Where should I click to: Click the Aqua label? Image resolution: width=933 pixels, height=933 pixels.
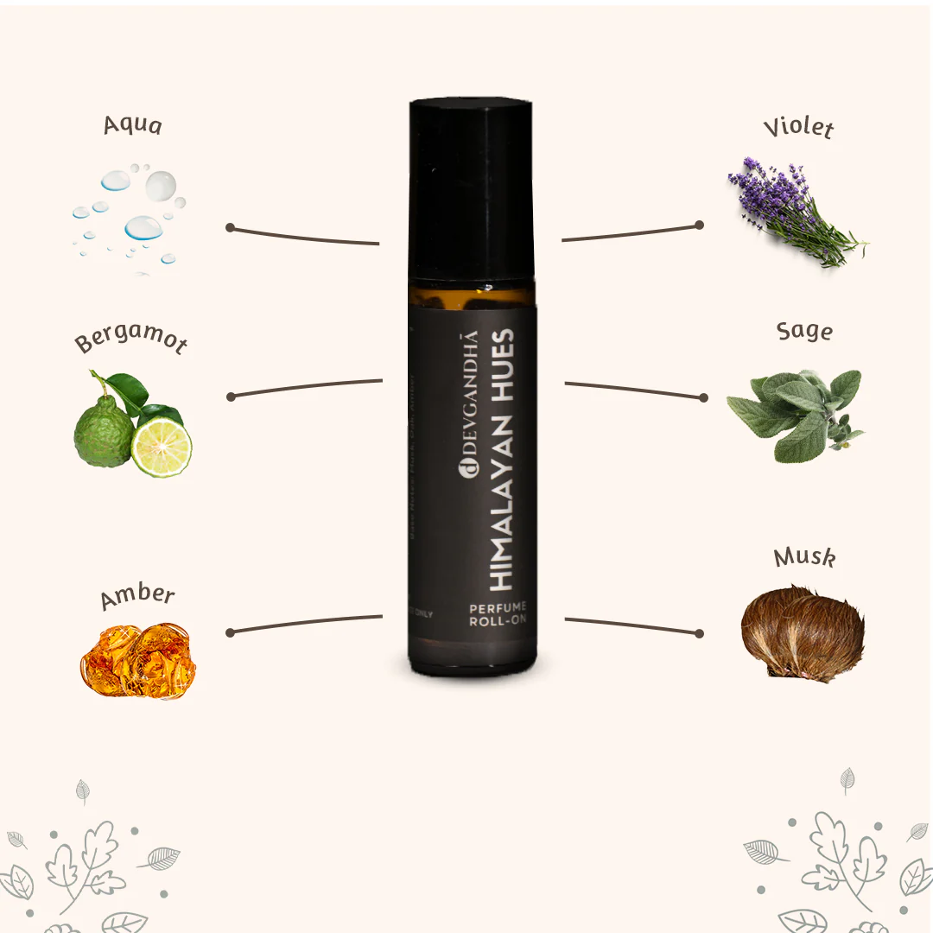pyautogui.click(x=132, y=124)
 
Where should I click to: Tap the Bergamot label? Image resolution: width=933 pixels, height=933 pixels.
pyautogui.click(x=131, y=340)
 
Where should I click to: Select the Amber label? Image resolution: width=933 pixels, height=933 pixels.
pyautogui.click(x=137, y=596)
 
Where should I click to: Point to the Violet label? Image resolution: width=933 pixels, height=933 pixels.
pyautogui.click(x=798, y=128)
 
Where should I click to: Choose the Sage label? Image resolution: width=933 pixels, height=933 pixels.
pyautogui.click(x=804, y=331)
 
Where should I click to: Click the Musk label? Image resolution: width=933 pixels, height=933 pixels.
pyautogui.click(x=804, y=557)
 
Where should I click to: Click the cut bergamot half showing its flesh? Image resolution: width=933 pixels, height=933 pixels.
pyautogui.click(x=162, y=447)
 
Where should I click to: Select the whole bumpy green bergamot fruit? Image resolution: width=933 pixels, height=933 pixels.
pyautogui.click(x=103, y=429)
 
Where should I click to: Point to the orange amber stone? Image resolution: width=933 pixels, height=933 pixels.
pyautogui.click(x=139, y=660)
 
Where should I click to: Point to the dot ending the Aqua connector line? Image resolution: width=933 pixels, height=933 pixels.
pyautogui.click(x=230, y=227)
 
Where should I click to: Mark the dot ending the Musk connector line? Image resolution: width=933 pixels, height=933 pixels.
pyautogui.click(x=700, y=633)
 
